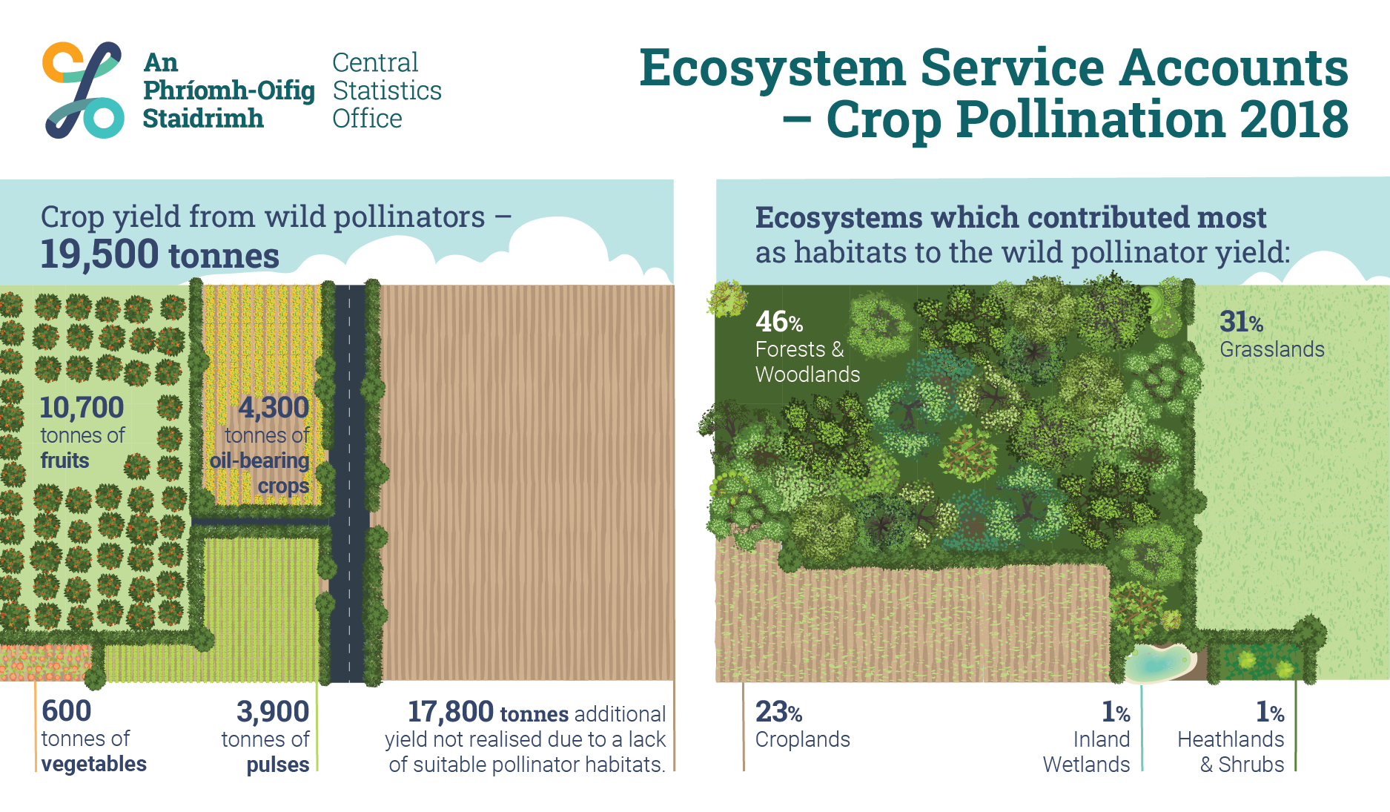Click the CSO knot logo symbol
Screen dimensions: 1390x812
coord(83,90)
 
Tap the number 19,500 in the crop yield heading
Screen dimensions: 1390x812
coord(99,254)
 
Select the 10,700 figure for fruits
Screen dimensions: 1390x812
coord(82,408)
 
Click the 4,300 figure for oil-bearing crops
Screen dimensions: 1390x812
coord(274,408)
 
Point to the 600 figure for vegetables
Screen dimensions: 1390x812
coord(67,711)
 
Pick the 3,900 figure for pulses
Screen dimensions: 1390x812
coord(273,712)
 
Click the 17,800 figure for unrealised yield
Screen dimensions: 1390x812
coord(451,712)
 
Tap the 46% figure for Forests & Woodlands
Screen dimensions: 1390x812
coord(779,322)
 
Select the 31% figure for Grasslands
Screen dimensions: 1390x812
coord(1242,322)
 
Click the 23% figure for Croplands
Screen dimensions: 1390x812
coord(778,712)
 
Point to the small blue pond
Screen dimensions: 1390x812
coord(1158,661)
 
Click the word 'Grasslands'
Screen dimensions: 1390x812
coord(1272,349)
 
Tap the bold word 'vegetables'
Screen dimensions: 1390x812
coord(94,764)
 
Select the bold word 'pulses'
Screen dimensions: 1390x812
coord(278,765)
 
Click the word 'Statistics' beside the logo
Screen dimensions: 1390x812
coord(387,90)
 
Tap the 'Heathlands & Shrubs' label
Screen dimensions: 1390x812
coord(1231,752)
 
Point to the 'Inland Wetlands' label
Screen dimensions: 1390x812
coord(1087,752)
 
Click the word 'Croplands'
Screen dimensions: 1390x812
coord(803,740)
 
